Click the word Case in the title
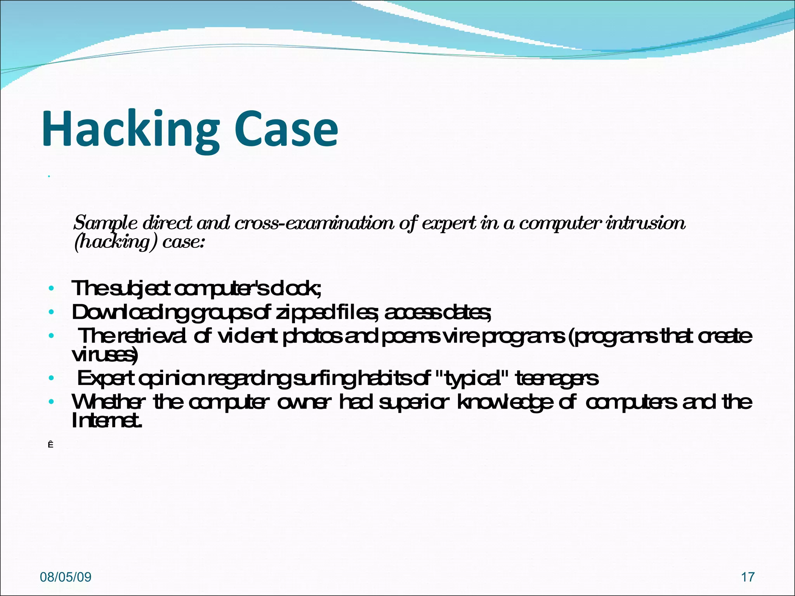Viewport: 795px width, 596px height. [x=286, y=129]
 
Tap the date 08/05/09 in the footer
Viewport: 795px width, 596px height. [x=66, y=577]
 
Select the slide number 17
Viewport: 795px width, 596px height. [x=748, y=577]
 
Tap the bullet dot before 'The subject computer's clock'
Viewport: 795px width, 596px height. [x=51, y=289]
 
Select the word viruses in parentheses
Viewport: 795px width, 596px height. [x=104, y=355]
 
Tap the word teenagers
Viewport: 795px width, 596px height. [x=557, y=378]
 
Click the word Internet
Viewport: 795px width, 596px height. [x=106, y=421]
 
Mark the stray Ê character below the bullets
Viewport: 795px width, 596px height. [x=50, y=445]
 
